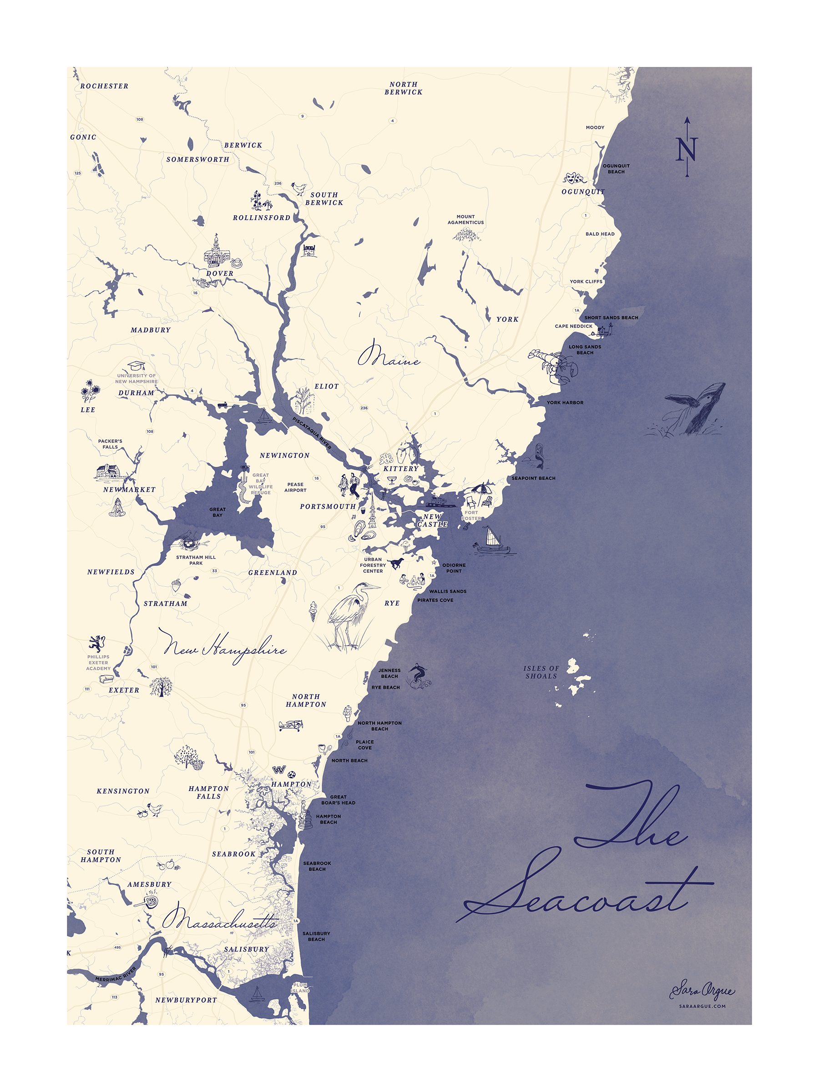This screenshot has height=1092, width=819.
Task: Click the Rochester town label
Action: pyautogui.click(x=104, y=86)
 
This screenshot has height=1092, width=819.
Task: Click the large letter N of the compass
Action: pyautogui.click(x=686, y=149)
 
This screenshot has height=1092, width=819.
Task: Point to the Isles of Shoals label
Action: pyautogui.click(x=541, y=672)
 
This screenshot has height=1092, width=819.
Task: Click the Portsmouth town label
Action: pyautogui.click(x=327, y=506)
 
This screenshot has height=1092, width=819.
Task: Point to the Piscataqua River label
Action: pyautogui.click(x=312, y=432)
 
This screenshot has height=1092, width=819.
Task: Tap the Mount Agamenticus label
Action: pyautogui.click(x=465, y=219)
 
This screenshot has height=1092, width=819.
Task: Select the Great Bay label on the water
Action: pyautogui.click(x=217, y=512)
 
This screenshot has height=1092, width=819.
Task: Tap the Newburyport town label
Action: pyautogui.click(x=186, y=1000)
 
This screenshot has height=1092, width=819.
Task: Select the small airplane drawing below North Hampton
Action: pyautogui.click(x=291, y=725)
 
